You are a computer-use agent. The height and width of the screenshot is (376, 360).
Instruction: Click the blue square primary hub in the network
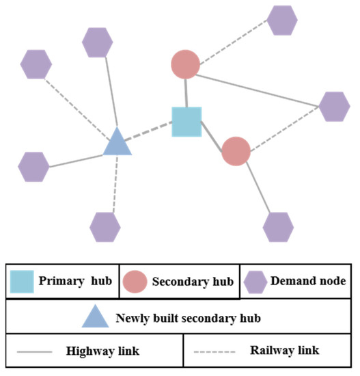coord(186,121)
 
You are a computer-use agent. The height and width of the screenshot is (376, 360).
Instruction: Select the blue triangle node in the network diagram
coord(117,143)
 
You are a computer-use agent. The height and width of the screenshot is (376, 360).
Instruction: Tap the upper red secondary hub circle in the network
coord(185,65)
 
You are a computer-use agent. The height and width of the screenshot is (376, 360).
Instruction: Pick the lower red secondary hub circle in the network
coord(236,151)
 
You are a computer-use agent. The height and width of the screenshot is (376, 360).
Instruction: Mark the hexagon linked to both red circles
coord(333,106)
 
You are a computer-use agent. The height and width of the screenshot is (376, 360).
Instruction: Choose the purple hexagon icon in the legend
coord(255,281)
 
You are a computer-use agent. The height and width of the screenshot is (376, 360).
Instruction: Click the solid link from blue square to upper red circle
coord(185,92)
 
